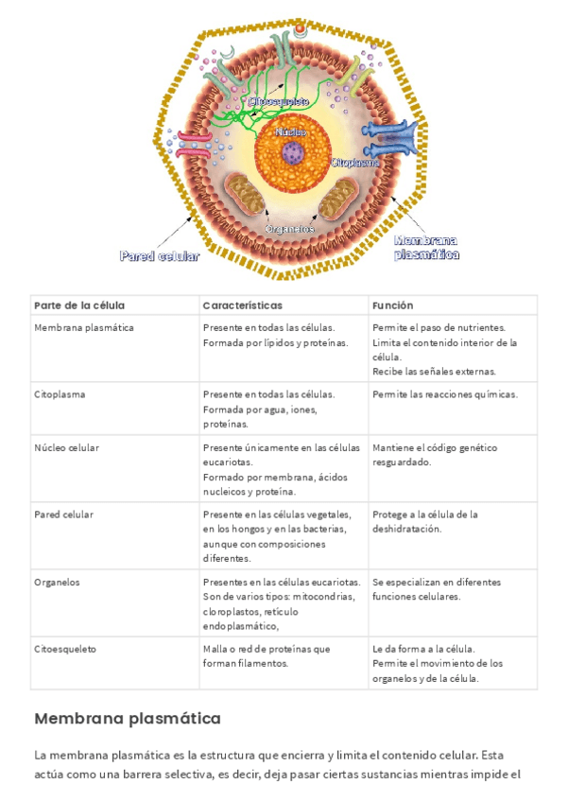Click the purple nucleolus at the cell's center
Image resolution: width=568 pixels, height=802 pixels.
[x=295, y=151]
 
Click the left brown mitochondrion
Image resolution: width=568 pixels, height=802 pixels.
[x=252, y=193]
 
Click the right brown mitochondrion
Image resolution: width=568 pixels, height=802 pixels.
[x=336, y=200]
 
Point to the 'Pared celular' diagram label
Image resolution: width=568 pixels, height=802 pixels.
[x=159, y=255]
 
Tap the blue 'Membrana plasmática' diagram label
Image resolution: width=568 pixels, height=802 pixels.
[x=426, y=247]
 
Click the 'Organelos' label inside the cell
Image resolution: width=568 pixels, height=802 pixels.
[x=290, y=228]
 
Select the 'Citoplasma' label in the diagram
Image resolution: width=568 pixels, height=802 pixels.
[x=354, y=162]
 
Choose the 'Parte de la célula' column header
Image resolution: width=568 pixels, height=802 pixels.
[x=79, y=305]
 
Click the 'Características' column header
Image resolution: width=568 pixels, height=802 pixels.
[x=242, y=305]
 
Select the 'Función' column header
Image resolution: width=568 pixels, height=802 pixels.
[x=393, y=305]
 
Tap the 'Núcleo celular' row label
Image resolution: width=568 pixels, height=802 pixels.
[x=66, y=447]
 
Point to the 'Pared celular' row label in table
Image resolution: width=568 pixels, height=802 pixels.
[x=63, y=514]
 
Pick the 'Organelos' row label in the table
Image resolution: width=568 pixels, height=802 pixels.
[x=57, y=582]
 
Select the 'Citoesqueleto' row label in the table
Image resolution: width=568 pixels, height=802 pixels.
[x=64, y=649]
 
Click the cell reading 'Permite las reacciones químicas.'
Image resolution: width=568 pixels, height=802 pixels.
[x=444, y=393]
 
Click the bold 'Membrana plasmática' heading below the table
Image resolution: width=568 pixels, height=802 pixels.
[x=127, y=719]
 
